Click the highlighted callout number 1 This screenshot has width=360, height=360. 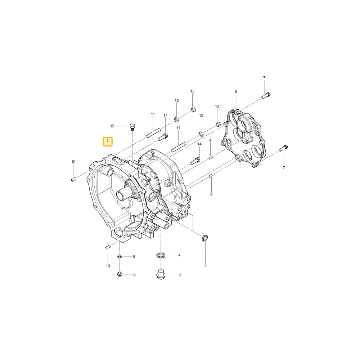click(x=107, y=141)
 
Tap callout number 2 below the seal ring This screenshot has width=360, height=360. click(x=205, y=265)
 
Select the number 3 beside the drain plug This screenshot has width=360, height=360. click(x=180, y=275)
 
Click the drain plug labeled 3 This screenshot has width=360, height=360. click(x=161, y=275)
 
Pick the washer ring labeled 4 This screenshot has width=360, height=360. click(x=161, y=255)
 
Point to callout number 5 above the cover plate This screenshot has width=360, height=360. click(x=236, y=91)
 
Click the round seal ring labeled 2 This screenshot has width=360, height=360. click(x=204, y=238)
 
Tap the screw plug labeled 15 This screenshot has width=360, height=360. click(x=132, y=127)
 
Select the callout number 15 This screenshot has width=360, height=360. click(x=112, y=126)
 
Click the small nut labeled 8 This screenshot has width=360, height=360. click(x=120, y=274)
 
